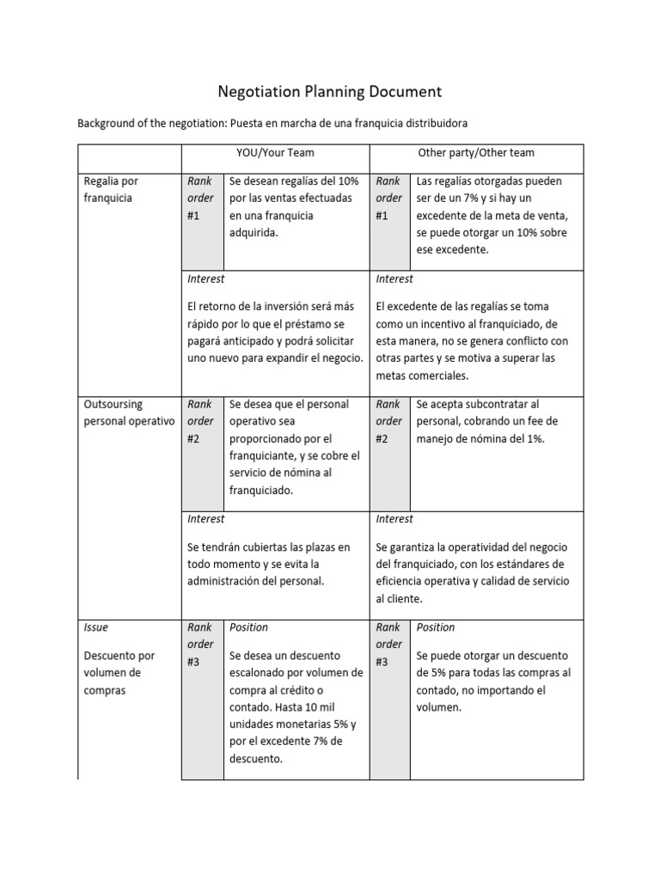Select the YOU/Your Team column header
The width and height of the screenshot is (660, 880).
coord(275,153)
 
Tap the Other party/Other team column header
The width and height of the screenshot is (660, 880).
coord(475,153)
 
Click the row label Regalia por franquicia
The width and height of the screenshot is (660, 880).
coord(112,189)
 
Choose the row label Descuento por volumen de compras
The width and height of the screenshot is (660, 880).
coord(118,673)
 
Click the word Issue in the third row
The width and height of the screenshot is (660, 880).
coord(96,627)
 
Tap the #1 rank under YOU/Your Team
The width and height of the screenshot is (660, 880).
coord(193,216)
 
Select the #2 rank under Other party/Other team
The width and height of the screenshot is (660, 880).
coord(382,438)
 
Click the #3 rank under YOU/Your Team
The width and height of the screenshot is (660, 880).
coord(193,662)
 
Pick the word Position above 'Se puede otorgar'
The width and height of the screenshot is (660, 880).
coord(436,627)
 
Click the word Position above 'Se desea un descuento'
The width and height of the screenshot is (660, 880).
coord(248,627)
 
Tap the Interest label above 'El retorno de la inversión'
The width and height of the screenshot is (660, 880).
coord(205,278)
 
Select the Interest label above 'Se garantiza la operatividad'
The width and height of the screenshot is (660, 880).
coord(394,518)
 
